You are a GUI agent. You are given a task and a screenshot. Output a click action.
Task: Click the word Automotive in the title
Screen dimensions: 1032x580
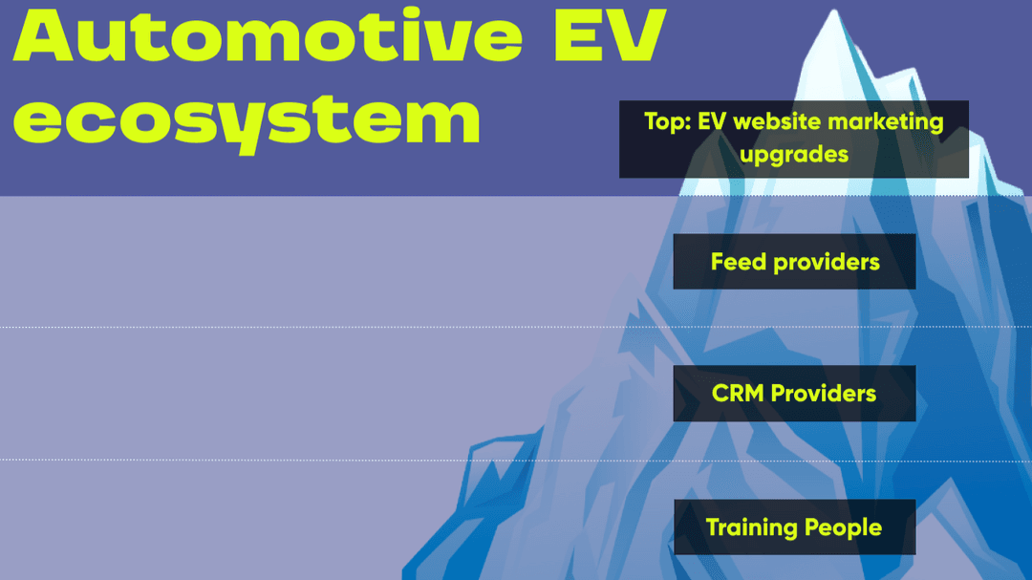[268, 35]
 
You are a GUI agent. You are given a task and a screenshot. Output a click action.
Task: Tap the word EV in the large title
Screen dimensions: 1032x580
[610, 35]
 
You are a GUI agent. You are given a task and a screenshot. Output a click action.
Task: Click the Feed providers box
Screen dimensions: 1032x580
[794, 262]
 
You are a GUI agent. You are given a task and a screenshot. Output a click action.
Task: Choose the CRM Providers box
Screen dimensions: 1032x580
[794, 393]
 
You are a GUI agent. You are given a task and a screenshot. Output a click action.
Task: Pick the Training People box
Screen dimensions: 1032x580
[794, 526]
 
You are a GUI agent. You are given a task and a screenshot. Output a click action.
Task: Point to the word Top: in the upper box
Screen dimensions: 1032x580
[667, 121]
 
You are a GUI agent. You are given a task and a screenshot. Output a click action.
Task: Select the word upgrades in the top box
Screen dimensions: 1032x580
[794, 156]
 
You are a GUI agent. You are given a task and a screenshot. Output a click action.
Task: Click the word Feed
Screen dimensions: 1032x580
[739, 262]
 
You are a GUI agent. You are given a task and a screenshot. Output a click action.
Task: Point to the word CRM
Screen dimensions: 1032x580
[738, 393]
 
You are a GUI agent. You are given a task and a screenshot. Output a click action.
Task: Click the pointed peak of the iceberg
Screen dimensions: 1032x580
[834, 11]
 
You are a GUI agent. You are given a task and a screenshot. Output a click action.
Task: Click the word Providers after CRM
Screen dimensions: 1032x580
[824, 393]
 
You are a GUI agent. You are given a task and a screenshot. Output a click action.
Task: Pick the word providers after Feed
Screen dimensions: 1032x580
[827, 263]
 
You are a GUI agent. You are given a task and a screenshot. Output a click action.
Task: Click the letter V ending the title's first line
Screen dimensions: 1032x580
[636, 35]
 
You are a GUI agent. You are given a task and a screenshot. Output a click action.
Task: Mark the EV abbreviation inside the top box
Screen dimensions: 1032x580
[712, 121]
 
